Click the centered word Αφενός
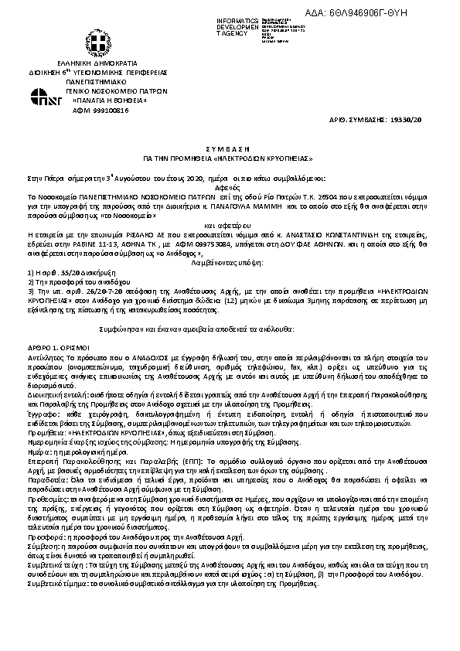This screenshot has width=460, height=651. pos(230,186)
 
